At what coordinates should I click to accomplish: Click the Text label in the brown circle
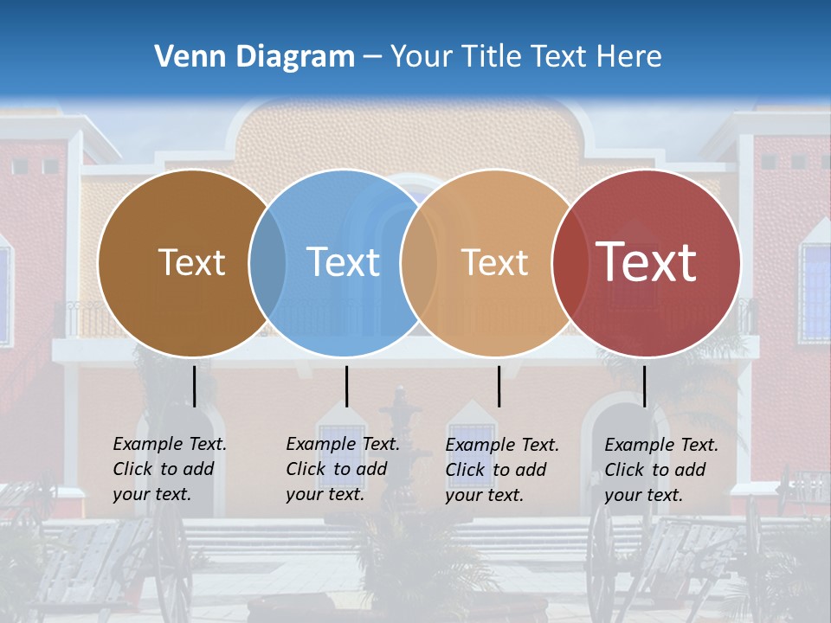(x=191, y=262)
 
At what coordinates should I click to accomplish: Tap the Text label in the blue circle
(x=343, y=262)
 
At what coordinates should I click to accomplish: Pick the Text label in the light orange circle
(x=494, y=262)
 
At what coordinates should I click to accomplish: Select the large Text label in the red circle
(x=646, y=262)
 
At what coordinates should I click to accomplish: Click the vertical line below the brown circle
(x=195, y=386)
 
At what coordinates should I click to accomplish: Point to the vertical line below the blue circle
(x=346, y=386)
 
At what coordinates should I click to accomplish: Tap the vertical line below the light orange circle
(x=499, y=386)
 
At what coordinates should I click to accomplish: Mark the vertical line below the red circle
(x=644, y=386)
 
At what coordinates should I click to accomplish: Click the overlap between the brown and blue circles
(x=267, y=262)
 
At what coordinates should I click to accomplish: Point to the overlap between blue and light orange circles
(x=419, y=262)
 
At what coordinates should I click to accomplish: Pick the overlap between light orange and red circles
(x=567, y=262)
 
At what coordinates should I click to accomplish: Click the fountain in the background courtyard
(x=400, y=433)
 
